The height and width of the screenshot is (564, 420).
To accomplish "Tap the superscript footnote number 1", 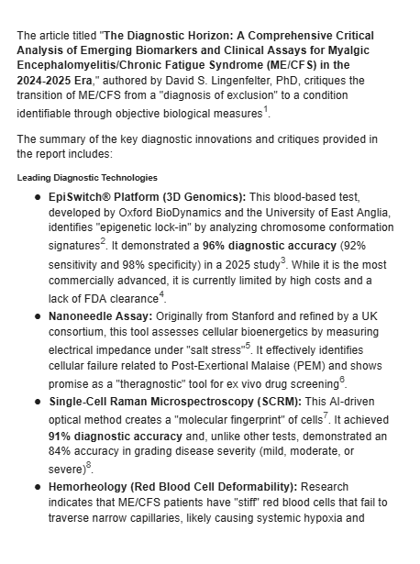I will tap(292, 110).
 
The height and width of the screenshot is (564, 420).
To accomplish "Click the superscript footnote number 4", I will tap(161, 293).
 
